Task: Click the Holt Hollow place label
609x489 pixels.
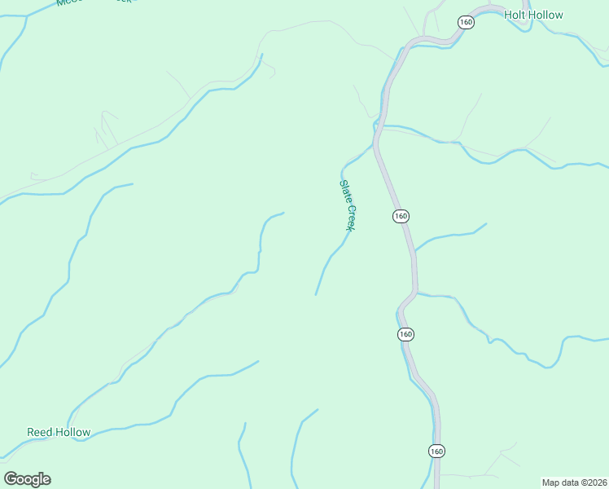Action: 533,15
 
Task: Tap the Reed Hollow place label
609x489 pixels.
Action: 59,432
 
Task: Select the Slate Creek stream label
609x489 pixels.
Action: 348,205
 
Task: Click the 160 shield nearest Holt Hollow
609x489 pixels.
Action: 466,22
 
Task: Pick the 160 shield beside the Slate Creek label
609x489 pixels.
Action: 400,216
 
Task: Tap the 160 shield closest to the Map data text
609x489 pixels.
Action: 436,451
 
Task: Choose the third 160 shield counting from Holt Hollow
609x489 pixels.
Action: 406,334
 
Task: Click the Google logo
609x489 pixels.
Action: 27,479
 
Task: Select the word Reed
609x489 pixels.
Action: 39,432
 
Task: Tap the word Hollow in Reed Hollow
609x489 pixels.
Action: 72,432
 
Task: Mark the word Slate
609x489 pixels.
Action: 344,192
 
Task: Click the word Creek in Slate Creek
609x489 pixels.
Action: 352,218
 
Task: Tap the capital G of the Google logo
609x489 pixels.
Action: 11,479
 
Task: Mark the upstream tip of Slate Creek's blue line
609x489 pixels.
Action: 316,294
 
